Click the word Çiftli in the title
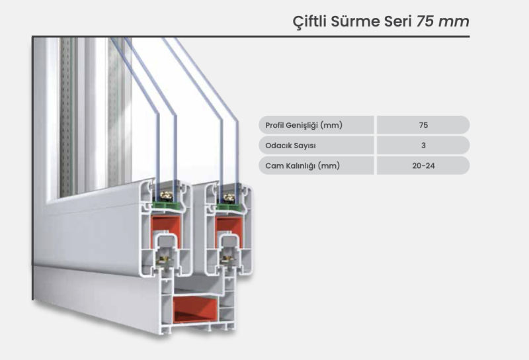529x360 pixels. point(309,22)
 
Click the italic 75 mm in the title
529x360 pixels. point(442,22)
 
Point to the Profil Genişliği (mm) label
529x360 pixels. point(304,125)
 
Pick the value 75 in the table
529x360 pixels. point(423,125)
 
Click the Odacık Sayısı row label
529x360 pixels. point(290,146)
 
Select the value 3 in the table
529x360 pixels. point(423,146)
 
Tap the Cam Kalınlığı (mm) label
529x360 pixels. point(302,166)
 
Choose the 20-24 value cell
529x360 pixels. point(423,166)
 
